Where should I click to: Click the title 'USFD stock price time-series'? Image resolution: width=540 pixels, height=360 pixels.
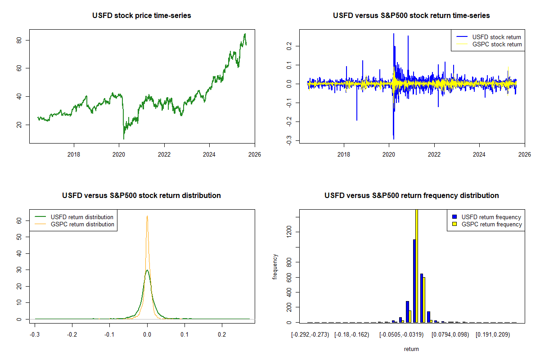coord(142,16)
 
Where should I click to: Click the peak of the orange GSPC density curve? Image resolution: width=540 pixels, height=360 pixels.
coord(147,216)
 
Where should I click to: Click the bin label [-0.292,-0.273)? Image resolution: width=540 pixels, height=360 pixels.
coord(310,335)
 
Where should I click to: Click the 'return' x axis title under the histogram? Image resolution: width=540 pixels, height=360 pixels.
coord(411,349)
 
